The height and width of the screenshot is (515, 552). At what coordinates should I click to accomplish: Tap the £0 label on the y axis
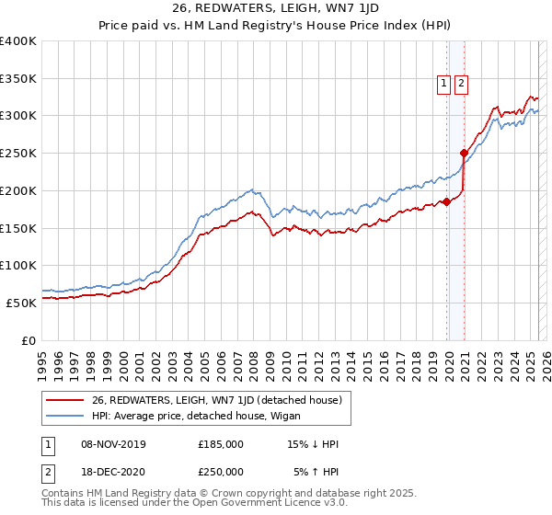point(29,340)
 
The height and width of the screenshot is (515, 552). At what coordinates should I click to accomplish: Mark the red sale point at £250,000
point(465,153)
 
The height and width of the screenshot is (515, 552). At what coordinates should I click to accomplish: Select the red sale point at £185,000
point(446,201)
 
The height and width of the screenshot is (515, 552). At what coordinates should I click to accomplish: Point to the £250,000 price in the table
point(221,471)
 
